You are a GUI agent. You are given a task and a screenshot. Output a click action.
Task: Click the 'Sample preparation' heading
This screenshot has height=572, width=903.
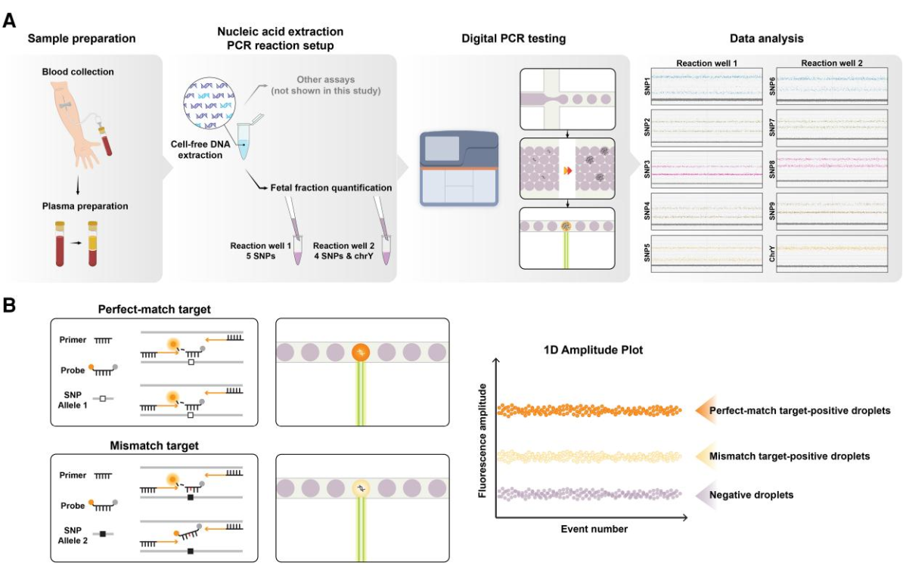pyautogui.click(x=81, y=38)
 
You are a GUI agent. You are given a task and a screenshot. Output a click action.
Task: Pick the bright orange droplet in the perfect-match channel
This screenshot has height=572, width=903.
pyautogui.click(x=359, y=352)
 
